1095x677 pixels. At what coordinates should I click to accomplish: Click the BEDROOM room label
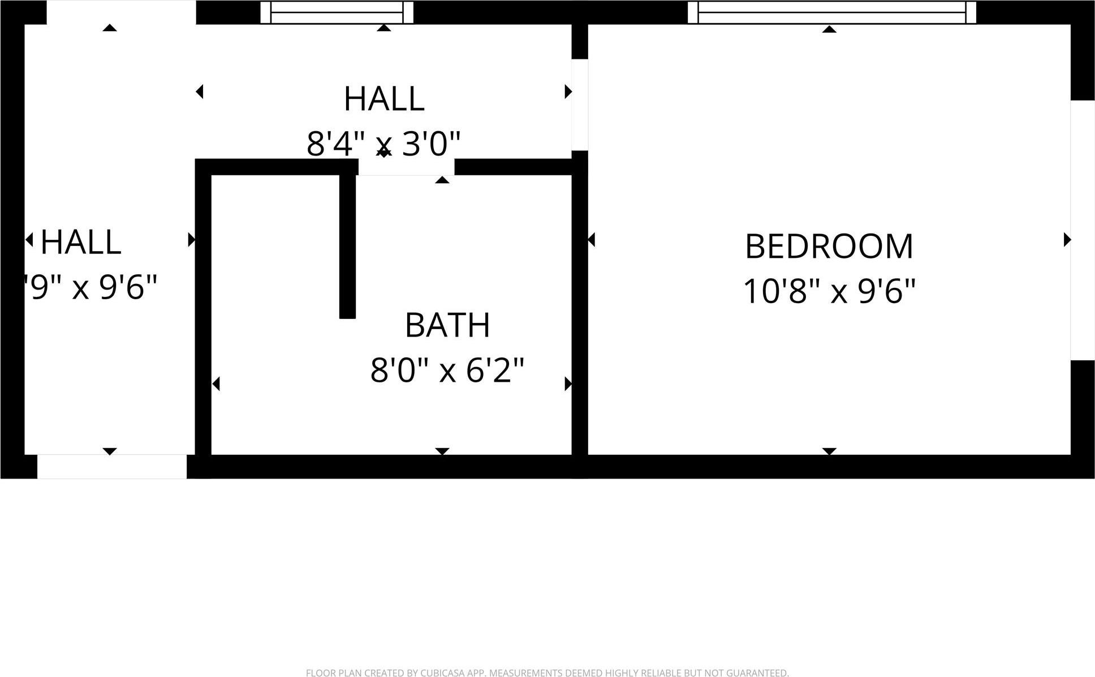tap(829, 247)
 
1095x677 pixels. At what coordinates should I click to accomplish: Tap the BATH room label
tap(447, 325)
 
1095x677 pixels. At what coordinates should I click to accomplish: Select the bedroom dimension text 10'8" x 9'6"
tap(829, 292)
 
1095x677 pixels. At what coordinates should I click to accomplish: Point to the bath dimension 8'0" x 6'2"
tap(447, 370)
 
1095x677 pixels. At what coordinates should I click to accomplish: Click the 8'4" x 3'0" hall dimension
tap(383, 144)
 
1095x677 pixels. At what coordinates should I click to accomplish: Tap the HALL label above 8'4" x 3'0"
tap(383, 99)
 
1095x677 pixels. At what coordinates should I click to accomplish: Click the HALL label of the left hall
tap(81, 242)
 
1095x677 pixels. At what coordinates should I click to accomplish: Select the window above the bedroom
tap(831, 12)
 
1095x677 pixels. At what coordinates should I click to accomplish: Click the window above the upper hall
tap(337, 12)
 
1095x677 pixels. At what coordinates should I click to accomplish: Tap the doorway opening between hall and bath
tap(406, 167)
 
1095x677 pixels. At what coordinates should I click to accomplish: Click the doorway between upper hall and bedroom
tap(580, 105)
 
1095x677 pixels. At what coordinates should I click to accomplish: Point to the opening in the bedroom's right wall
tap(1082, 230)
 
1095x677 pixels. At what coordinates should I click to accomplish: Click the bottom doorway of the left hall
tap(111, 466)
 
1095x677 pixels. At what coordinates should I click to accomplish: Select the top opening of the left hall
tap(121, 12)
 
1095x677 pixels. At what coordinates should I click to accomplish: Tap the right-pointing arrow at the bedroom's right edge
tap(1067, 240)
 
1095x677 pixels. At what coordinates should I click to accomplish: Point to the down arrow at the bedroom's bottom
tap(829, 451)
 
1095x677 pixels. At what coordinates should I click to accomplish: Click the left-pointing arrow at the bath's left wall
tap(216, 384)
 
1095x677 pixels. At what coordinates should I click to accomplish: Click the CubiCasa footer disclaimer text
tap(547, 672)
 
